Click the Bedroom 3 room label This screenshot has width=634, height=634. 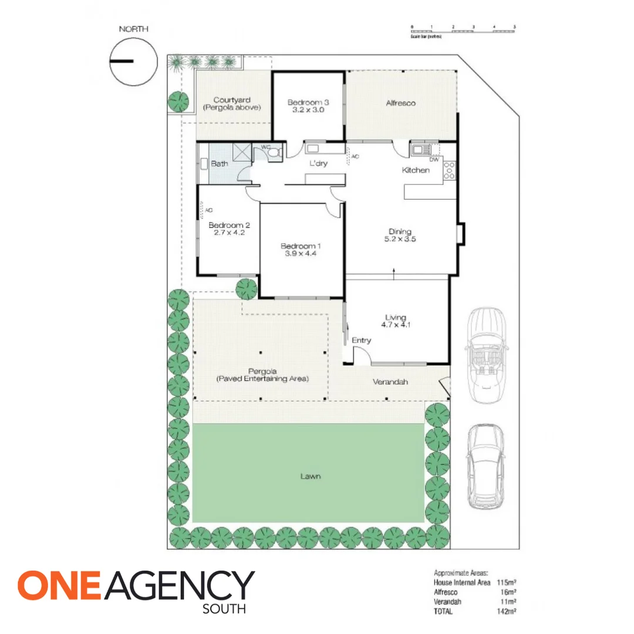pyautogui.click(x=308, y=103)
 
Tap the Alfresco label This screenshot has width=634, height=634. pyautogui.click(x=401, y=103)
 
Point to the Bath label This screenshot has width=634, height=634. pyautogui.click(x=220, y=164)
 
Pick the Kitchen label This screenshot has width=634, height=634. pyautogui.click(x=416, y=170)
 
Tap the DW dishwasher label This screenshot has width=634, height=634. pyautogui.click(x=434, y=160)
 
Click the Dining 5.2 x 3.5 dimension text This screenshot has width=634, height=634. pyautogui.click(x=400, y=239)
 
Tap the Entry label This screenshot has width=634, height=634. pyautogui.click(x=361, y=340)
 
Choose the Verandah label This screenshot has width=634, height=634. pyautogui.click(x=390, y=382)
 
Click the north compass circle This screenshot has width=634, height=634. pyautogui.click(x=133, y=61)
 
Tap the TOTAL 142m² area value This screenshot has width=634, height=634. pyautogui.click(x=508, y=611)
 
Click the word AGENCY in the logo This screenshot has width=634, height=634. pyautogui.click(x=181, y=586)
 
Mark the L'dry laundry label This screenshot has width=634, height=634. pyautogui.click(x=318, y=163)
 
